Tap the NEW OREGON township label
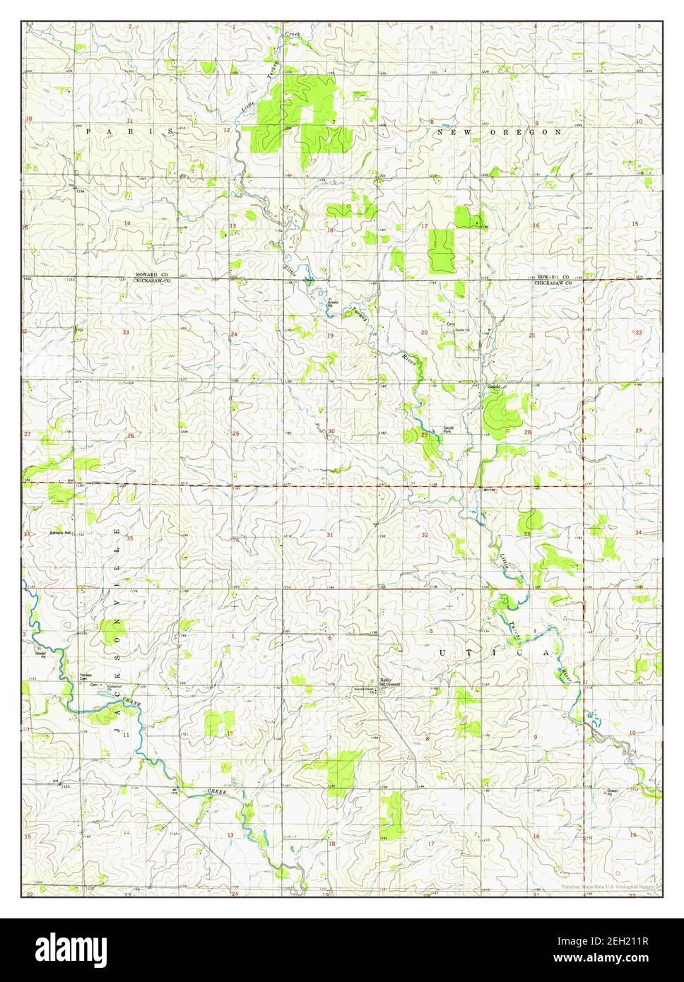click(x=499, y=132)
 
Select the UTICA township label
click(x=494, y=654)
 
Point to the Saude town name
click(x=494, y=386)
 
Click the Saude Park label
click(x=450, y=429)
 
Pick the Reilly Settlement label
click(x=390, y=682)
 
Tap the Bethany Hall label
click(x=61, y=533)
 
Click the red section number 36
click(x=235, y=540)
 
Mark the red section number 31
click(x=330, y=535)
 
